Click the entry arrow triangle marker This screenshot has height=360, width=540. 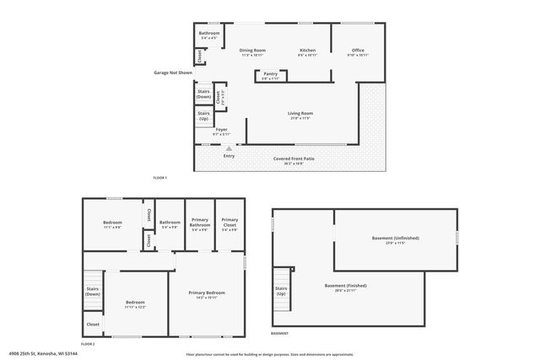click(x=228, y=148)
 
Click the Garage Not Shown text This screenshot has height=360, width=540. click(x=173, y=73)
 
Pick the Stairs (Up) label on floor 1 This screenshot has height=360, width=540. click(x=203, y=116)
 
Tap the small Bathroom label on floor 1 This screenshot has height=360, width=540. click(x=209, y=35)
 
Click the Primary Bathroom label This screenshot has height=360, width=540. click(x=200, y=224)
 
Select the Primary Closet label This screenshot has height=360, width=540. click(x=229, y=224)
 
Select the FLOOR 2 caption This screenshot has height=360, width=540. click(x=88, y=344)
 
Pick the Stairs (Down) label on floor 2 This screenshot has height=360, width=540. click(x=93, y=291)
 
